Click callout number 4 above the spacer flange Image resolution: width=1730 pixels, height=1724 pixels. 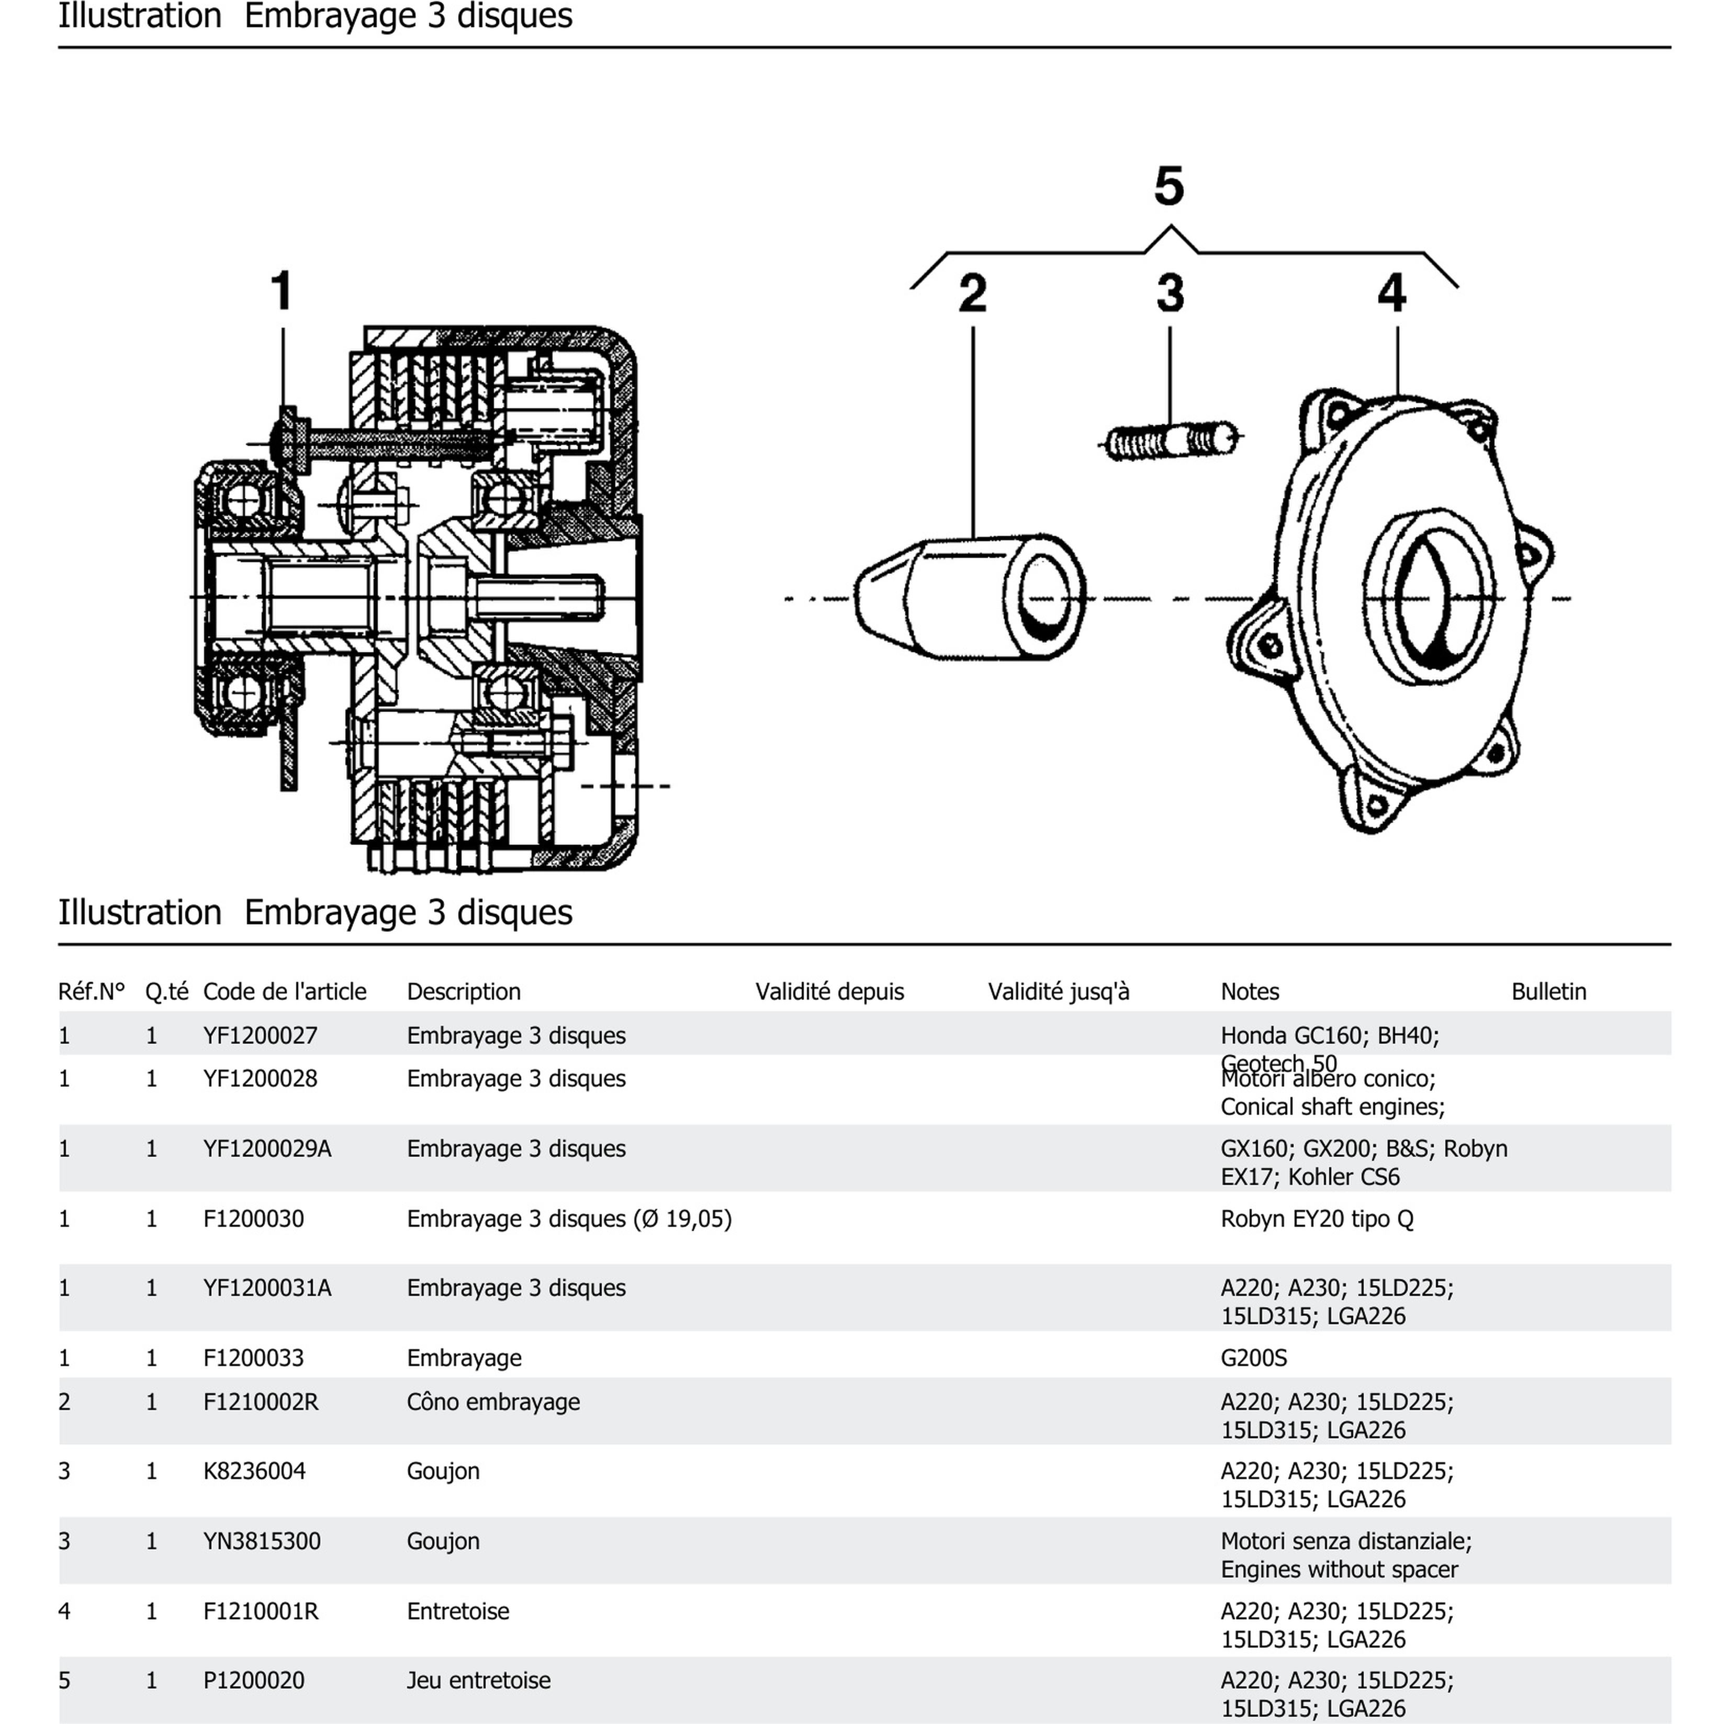pos(1391,293)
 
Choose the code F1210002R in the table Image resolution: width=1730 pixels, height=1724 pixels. pos(261,1402)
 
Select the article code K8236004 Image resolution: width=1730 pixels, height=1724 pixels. pos(254,1471)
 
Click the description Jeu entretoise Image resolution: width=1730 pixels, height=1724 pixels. pos(478,1680)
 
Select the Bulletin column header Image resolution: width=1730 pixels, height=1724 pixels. pos(1548,991)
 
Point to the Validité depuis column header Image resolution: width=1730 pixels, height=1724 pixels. pos(829,991)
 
